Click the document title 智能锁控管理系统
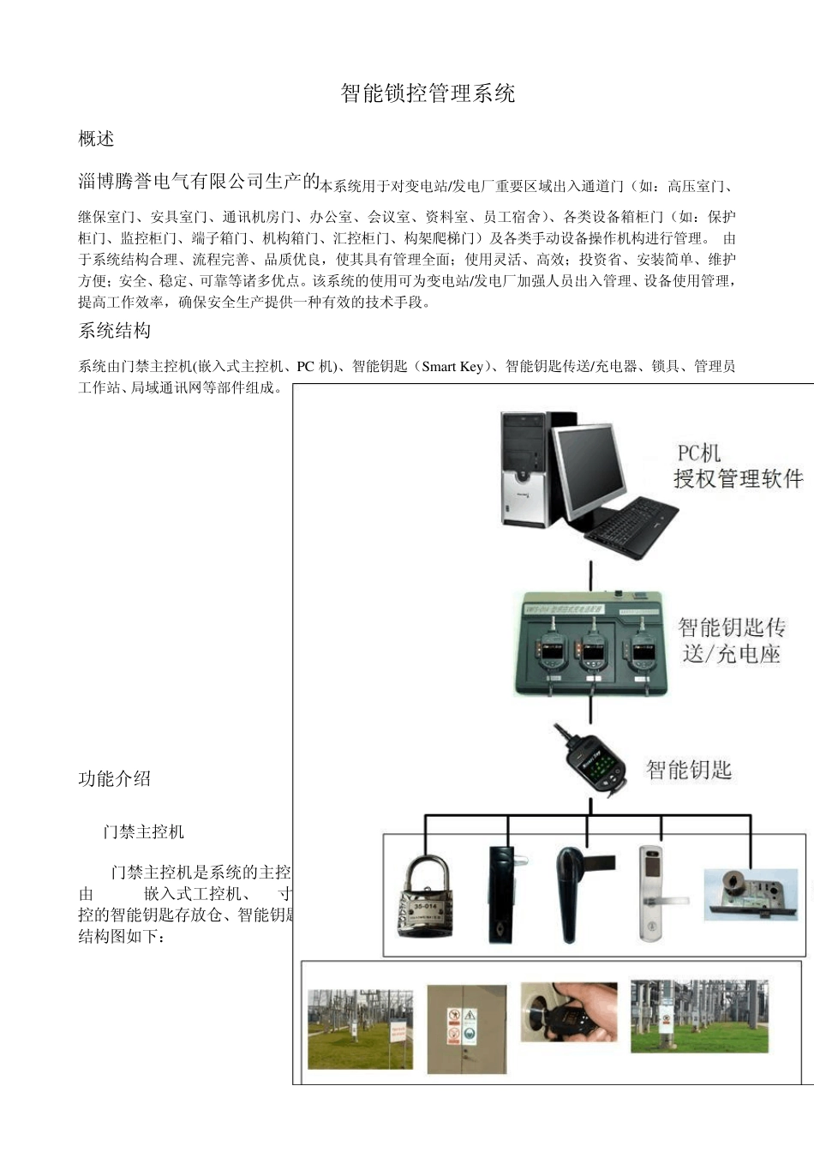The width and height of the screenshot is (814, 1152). pos(428,93)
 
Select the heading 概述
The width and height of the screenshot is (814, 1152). pos(96,139)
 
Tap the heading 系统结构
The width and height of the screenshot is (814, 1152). pos(114,331)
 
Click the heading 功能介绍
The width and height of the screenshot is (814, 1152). pos(114,778)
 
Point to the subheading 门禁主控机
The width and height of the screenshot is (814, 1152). pos(143,831)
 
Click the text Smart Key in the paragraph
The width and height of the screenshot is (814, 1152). pos(452,367)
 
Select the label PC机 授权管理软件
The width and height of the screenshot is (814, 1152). pos(737,466)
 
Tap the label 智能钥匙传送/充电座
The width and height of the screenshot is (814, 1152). pos(731,640)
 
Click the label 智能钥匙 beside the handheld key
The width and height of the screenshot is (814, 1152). pos(688,770)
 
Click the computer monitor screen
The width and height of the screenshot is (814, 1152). pos(588,468)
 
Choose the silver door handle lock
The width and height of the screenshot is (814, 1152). pos(653,893)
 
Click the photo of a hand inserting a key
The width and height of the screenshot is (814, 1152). pos(569,1011)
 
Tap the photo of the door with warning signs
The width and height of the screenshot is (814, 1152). pos(467,1028)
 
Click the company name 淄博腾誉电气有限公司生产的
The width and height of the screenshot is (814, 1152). pos(199,181)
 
